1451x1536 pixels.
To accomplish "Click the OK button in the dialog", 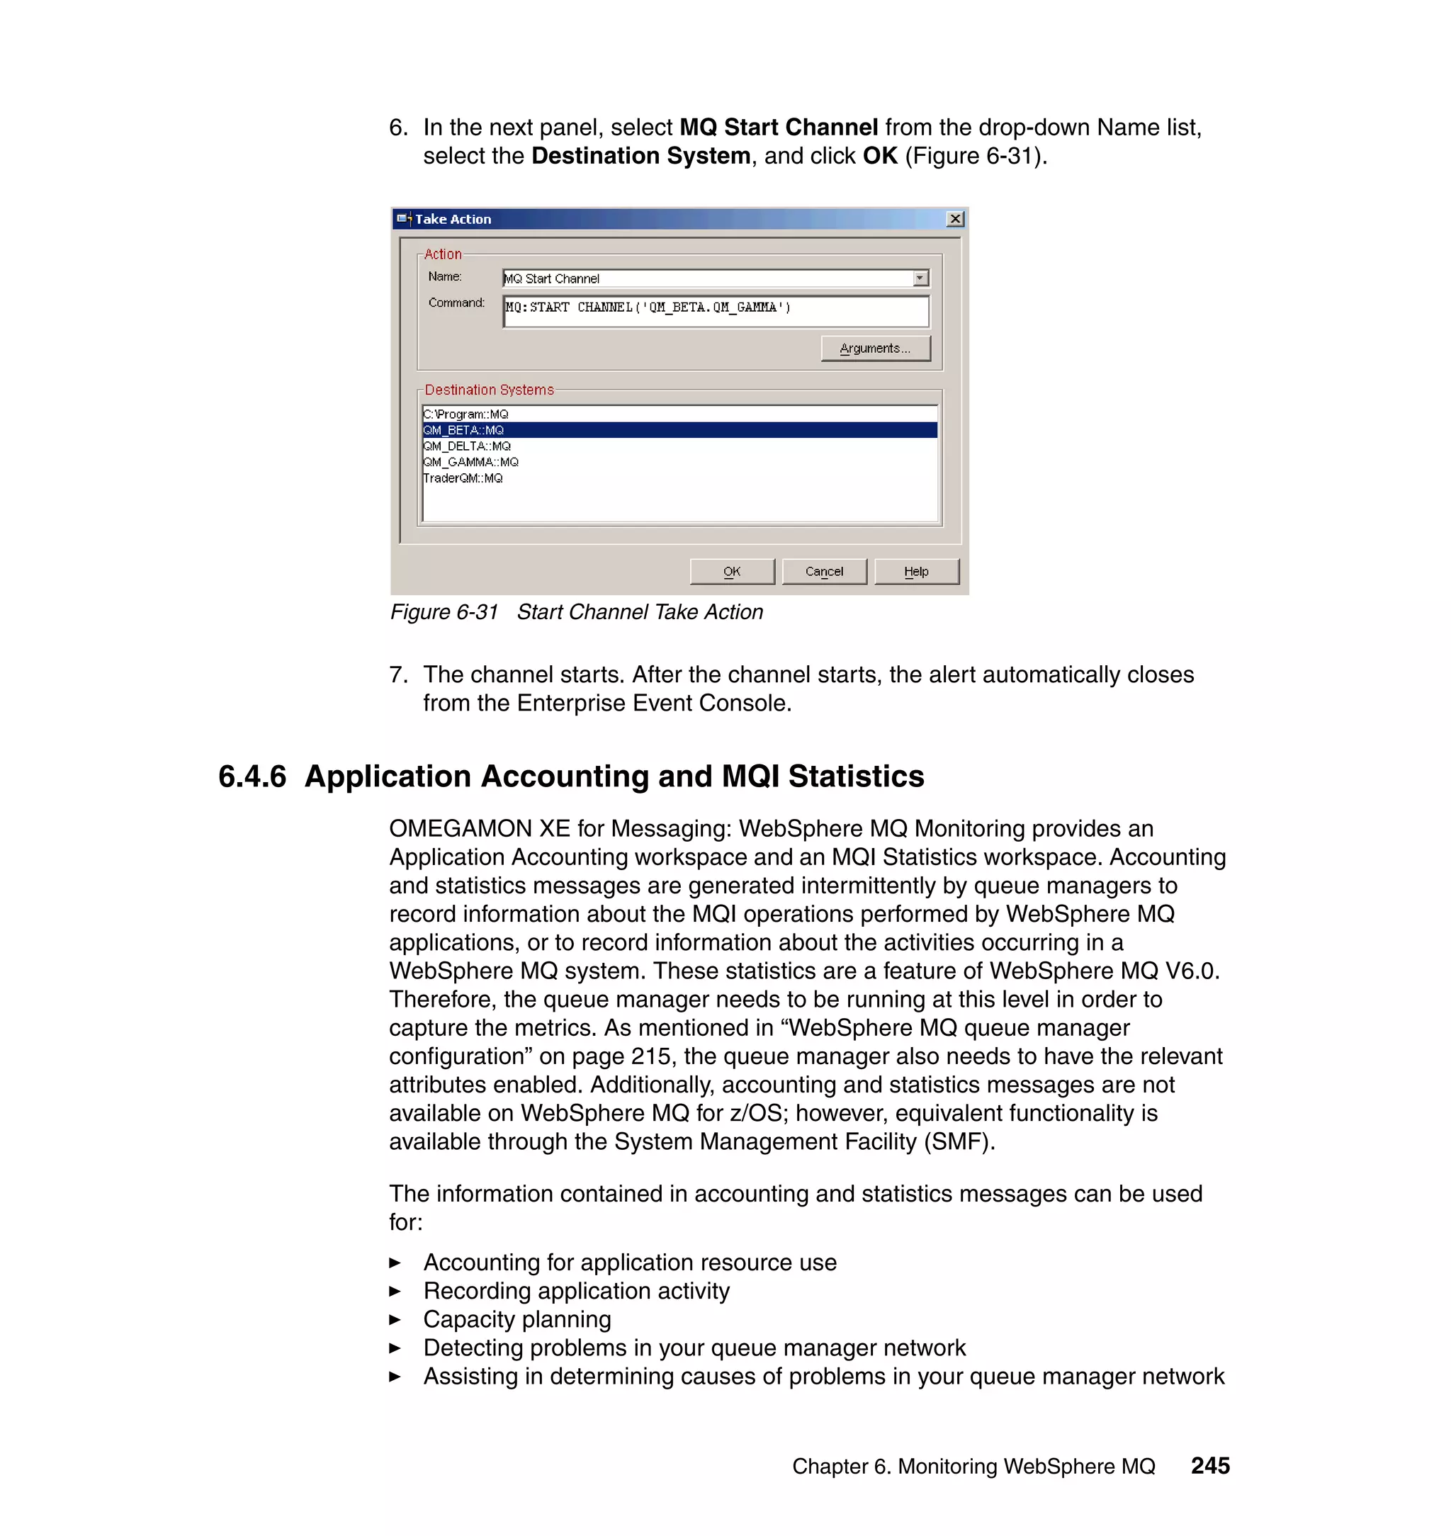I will [731, 572].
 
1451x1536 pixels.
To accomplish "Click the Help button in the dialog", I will [916, 572].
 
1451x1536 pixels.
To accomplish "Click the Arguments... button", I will [875, 348].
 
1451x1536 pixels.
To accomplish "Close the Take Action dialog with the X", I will [955, 219].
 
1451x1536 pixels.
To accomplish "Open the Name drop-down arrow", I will [920, 278].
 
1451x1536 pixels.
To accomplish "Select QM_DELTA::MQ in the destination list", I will [467, 446].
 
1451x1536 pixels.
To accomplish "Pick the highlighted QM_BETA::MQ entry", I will [464, 430].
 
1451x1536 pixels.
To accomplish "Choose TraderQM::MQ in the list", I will [463, 478].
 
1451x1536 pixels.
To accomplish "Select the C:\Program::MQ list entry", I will [465, 414].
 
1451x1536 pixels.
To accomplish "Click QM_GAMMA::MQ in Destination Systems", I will [471, 462].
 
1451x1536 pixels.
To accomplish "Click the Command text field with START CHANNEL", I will [715, 311].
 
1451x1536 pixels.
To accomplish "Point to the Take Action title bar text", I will [453, 219].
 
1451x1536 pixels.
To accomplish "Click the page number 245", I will [1209, 1465].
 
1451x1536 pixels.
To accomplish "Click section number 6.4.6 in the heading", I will [252, 777].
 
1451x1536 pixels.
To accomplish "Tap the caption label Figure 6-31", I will [444, 611].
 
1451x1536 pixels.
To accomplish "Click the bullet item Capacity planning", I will [516, 1318].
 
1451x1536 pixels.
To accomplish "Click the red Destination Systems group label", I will [489, 390].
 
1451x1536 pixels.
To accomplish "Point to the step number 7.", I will [397, 674].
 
